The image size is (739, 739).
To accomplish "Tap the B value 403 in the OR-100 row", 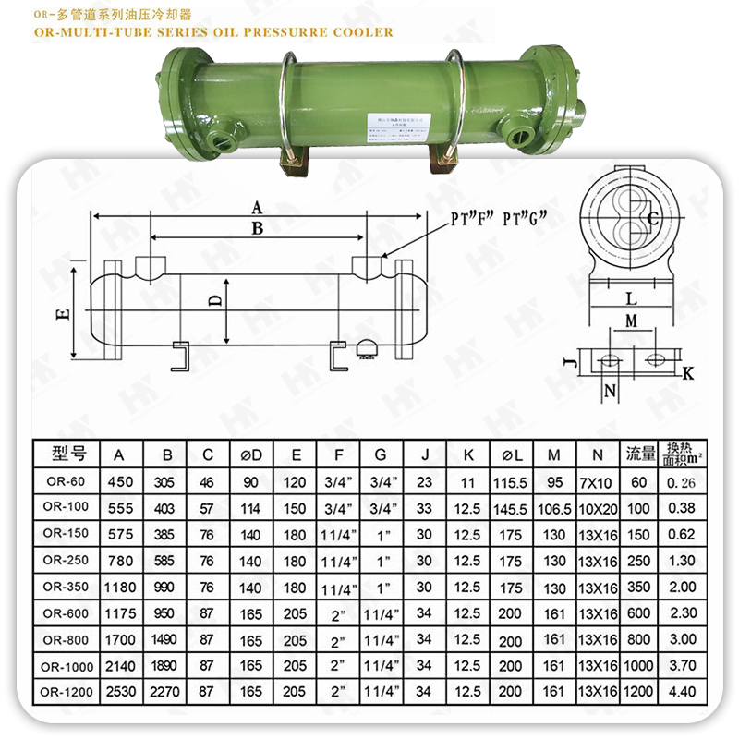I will pyautogui.click(x=167, y=507).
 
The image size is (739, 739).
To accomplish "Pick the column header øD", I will pyautogui.click(x=250, y=454).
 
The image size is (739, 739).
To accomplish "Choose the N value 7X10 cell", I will pyautogui.click(x=598, y=481).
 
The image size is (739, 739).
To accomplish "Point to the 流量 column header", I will pyautogui.click(x=638, y=454).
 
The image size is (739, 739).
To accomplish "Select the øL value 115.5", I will pyautogui.click(x=510, y=481).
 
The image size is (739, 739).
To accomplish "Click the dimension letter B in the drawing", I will pyautogui.click(x=258, y=228).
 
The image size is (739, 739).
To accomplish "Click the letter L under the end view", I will pyautogui.click(x=630, y=299).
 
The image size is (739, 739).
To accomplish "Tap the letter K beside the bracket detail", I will pyautogui.click(x=688, y=373).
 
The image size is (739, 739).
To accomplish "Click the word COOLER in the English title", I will pyautogui.click(x=360, y=32).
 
